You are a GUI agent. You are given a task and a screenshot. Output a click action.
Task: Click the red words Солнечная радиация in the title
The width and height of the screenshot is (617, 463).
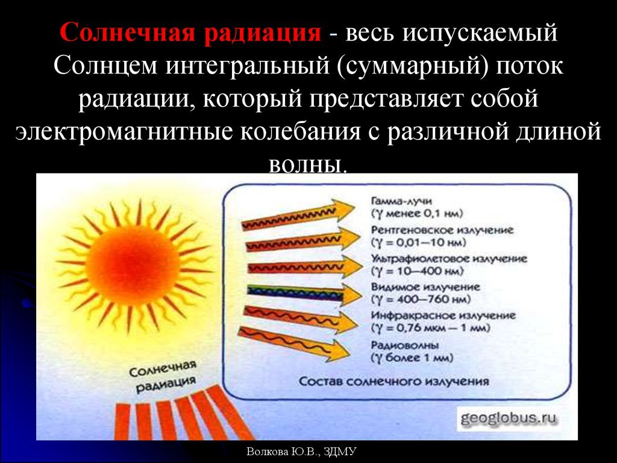190,33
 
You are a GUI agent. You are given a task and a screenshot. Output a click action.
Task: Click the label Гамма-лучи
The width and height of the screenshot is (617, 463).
401,200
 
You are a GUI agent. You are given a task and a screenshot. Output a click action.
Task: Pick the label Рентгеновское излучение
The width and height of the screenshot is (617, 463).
442,230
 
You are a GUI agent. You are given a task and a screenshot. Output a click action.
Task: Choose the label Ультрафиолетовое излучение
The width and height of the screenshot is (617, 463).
449,259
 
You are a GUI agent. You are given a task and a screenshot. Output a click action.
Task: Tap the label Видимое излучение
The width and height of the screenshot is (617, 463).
425,287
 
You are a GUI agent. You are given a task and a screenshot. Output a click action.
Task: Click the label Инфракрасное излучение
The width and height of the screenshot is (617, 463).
443,316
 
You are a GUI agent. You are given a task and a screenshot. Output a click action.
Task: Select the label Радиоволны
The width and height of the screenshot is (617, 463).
405,345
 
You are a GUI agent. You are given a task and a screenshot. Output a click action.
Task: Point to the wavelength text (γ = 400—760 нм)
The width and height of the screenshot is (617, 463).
421,299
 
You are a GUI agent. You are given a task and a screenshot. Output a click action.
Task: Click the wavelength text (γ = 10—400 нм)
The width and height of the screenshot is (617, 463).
417,271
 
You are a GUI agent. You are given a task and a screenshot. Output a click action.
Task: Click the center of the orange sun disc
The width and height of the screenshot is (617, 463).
133,265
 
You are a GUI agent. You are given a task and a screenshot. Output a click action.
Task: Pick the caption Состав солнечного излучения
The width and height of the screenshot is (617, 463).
394,381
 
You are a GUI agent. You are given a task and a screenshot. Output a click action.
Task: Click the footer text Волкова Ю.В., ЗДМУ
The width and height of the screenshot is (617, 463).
301,452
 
